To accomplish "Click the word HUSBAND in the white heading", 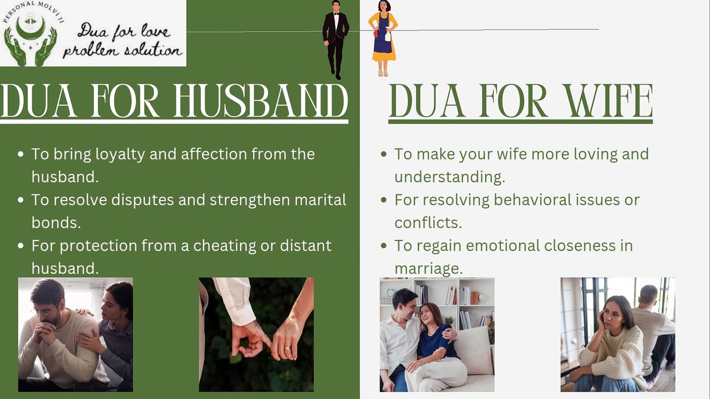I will point(261,101).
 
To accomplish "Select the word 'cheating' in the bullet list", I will point(225,245).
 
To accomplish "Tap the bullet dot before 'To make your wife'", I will point(383,155).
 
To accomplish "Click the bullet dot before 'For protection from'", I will point(21,245).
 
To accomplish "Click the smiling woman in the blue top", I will point(435,338).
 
